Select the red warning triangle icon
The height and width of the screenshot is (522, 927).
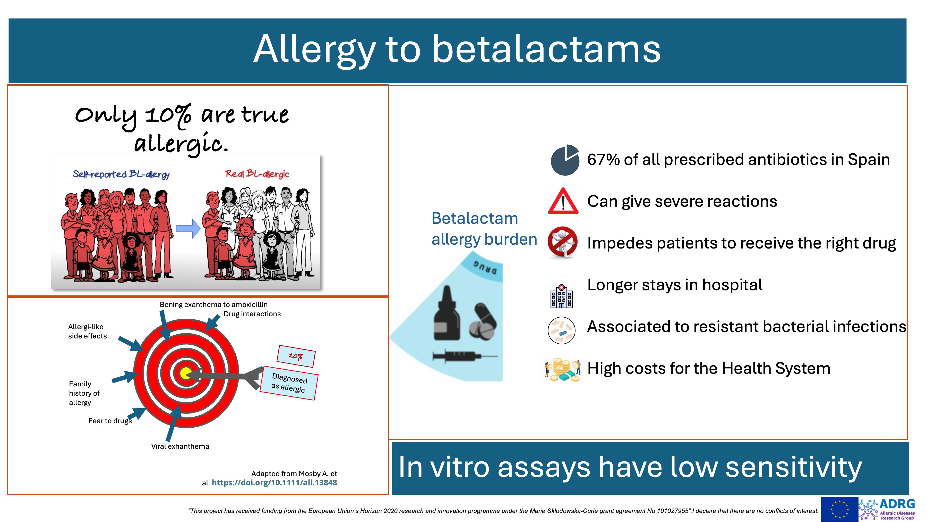[563, 201]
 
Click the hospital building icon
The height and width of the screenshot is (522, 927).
[561, 296]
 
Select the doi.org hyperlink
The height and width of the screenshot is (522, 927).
[274, 483]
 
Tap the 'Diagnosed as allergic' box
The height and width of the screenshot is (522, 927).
[289, 383]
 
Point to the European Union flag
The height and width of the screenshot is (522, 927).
[839, 509]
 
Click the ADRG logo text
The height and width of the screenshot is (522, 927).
[897, 504]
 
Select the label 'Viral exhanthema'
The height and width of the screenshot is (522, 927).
[180, 446]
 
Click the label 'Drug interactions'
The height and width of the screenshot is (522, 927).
[252, 314]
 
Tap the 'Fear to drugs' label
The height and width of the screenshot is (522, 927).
[110, 421]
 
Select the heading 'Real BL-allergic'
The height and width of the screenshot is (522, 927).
[257, 174]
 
